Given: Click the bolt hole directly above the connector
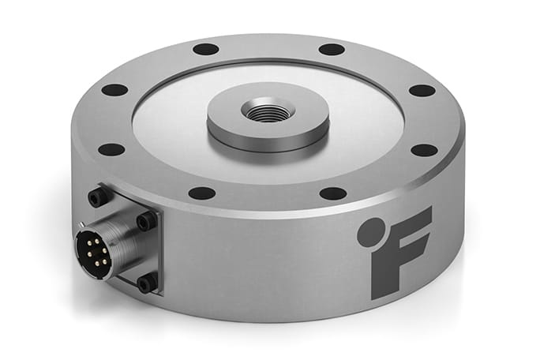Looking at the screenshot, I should coord(111,149).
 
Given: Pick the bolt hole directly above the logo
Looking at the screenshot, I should coord(424,150).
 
